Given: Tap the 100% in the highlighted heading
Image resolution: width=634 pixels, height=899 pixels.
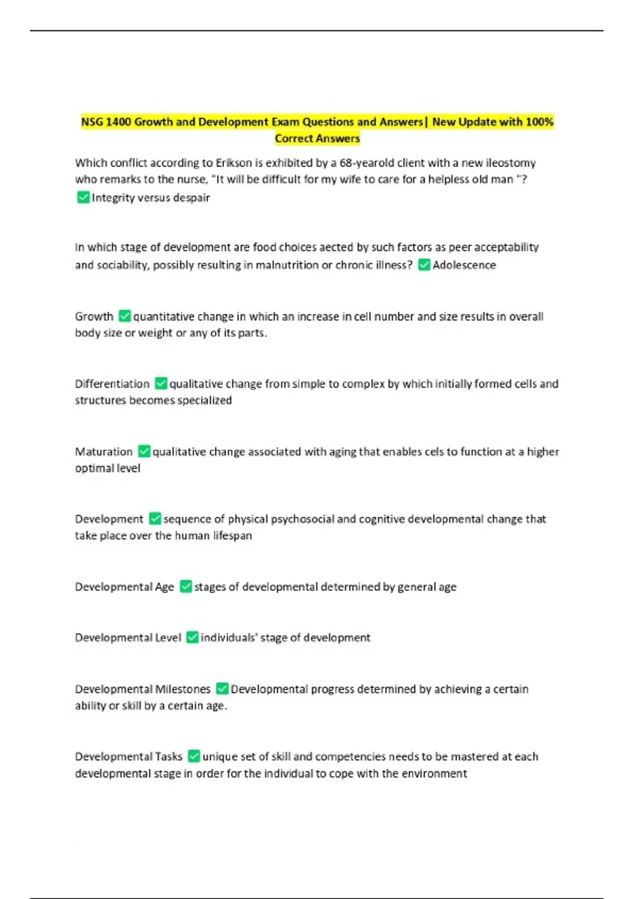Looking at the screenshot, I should point(539,122).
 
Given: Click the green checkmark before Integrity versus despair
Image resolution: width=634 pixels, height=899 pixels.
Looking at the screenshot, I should point(83,197).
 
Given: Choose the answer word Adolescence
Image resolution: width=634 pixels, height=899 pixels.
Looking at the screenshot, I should point(464,265).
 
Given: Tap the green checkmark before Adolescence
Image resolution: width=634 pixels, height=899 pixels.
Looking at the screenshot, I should point(424,264).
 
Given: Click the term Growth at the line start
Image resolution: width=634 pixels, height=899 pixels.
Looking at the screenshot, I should point(94,316).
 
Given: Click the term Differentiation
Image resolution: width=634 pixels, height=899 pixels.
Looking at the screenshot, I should point(112,383).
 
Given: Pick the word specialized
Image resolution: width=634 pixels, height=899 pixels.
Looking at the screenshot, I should point(204,400).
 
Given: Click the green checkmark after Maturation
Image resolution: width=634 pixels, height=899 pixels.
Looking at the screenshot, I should point(144,451).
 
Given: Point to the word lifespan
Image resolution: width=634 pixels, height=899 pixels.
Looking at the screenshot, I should point(232,536).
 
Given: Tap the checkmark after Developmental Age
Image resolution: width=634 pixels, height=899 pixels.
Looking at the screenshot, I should point(185,586).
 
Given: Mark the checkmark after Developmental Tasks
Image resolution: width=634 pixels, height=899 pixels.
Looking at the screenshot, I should point(194,756).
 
